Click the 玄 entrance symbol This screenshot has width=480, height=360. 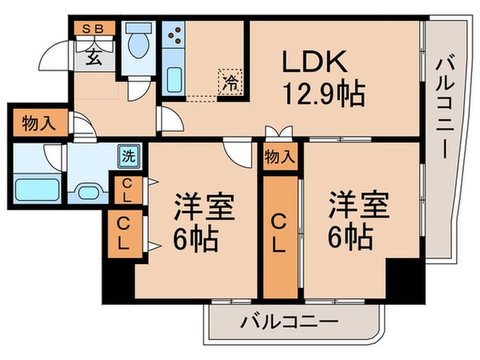(x=94, y=56)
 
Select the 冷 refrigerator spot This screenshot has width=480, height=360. (x=230, y=81)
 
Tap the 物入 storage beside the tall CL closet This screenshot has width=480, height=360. (x=278, y=157)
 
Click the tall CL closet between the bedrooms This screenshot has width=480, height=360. (x=278, y=232)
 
